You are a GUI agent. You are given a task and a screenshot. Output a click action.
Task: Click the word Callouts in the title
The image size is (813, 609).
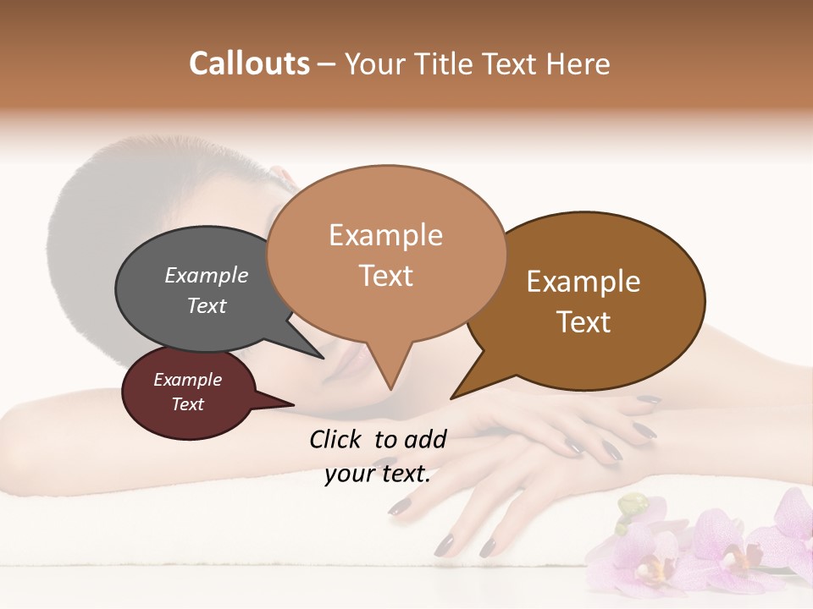point(249,63)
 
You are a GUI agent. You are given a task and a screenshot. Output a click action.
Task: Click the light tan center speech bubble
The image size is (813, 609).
point(386,254)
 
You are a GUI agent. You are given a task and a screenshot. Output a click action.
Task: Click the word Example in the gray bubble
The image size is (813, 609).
point(207,276)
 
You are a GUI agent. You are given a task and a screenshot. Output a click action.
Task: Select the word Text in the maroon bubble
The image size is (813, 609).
point(188,404)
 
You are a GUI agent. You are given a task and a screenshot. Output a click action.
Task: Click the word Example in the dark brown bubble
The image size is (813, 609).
point(583,282)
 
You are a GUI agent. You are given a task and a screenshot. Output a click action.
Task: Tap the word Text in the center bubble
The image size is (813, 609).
point(386,276)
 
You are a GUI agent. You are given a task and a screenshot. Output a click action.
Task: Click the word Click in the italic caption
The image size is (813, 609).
point(335,439)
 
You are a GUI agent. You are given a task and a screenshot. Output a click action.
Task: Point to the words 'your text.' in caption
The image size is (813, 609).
point(378,473)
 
